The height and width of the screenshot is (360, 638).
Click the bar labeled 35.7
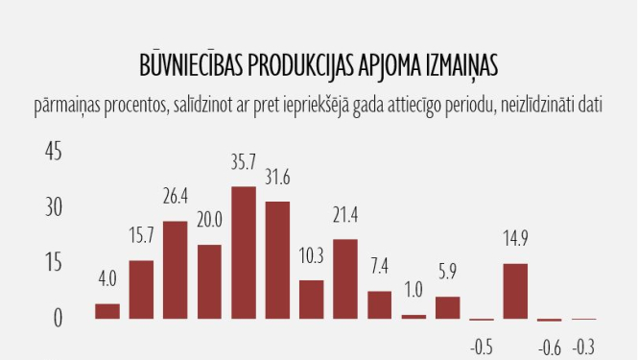244,252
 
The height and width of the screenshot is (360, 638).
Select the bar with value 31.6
277,260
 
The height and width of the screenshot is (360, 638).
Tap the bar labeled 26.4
176,270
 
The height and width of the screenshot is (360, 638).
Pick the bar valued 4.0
107,311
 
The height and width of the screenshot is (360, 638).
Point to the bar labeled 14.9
515,291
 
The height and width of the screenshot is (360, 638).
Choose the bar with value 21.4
345,278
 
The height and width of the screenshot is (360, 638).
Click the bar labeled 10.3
311,300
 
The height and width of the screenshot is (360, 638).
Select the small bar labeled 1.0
414,316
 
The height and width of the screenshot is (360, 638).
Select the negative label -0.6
549,347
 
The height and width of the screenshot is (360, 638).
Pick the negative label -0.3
583,347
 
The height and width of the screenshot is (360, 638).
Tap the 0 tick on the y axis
57,318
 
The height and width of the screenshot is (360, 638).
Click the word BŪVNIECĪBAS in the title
191,65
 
